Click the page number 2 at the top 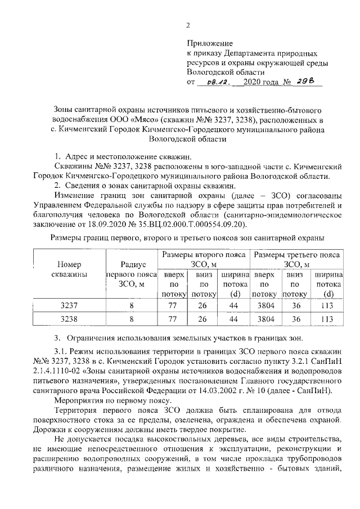(189, 25)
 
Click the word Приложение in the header (209, 43)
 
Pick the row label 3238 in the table (69, 319)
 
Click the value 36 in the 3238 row (295, 319)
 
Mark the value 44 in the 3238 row (233, 319)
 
